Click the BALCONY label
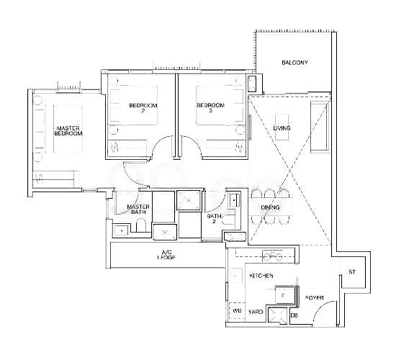click(x=294, y=63)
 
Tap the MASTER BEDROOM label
click(x=68, y=131)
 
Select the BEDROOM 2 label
click(x=143, y=107)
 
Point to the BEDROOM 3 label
click(x=211, y=107)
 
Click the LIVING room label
click(x=282, y=128)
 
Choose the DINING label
click(x=270, y=207)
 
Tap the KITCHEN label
click(x=261, y=275)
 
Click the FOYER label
click(x=314, y=298)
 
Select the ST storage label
click(x=352, y=272)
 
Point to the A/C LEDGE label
click(x=166, y=255)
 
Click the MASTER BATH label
click(x=138, y=210)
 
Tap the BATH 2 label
click(x=214, y=219)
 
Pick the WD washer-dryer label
click(x=237, y=311)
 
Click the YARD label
click(x=256, y=312)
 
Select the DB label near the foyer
click(x=294, y=315)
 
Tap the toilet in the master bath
click(x=141, y=225)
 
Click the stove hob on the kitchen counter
click(x=272, y=256)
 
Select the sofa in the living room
click(x=320, y=127)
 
